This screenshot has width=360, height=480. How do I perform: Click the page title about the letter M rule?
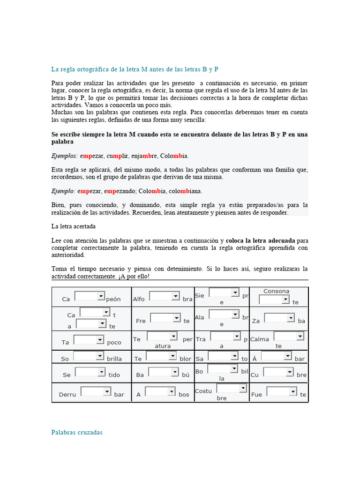coord(135,69)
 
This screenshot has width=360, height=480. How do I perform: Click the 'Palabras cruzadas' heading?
coord(77,432)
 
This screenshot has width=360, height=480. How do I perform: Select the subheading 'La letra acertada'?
coord(74,226)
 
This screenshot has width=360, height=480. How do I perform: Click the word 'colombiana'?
coord(185,191)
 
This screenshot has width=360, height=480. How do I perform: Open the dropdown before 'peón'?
coord(90,296)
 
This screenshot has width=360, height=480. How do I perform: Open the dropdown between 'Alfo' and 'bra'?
coord(164,296)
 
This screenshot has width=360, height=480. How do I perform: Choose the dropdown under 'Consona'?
coord(274,300)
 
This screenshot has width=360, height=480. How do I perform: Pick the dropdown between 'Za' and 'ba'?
coord(279,318)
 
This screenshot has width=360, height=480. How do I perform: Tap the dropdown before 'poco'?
coord(89,339)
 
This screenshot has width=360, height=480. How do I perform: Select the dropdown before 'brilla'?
coord(89,356)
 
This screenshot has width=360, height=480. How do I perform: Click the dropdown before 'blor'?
coord(161,356)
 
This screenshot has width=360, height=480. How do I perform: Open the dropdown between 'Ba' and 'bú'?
coord(163,372)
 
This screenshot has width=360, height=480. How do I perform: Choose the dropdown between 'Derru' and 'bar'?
coord(96,391)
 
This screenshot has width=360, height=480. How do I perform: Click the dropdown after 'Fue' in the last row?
coord(282,391)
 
